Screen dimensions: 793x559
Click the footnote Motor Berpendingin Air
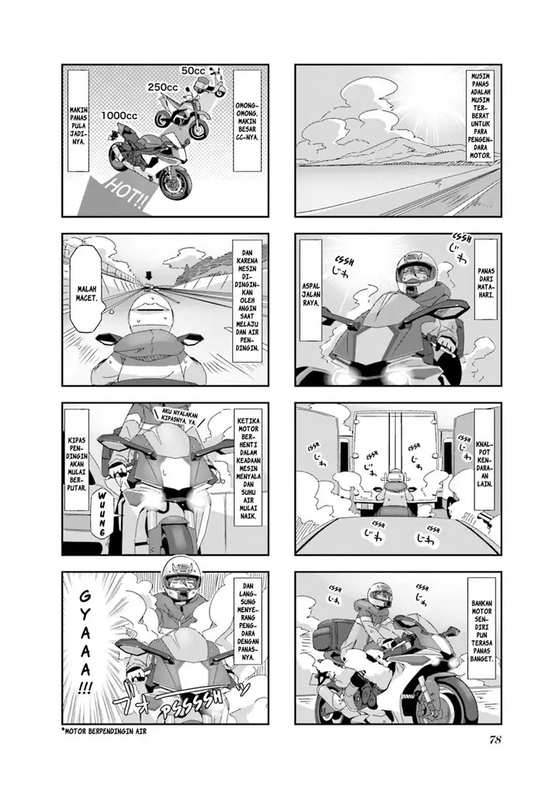103,731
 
